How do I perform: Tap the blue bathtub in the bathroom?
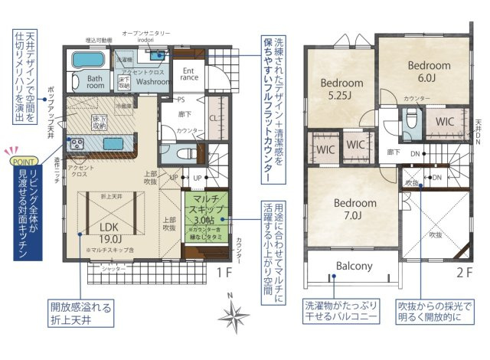click(x=90, y=60)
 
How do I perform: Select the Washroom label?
click(x=152, y=80)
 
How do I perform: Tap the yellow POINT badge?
click(x=21, y=162)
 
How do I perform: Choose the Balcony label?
click(x=354, y=267)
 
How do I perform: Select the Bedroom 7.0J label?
click(x=354, y=209)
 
